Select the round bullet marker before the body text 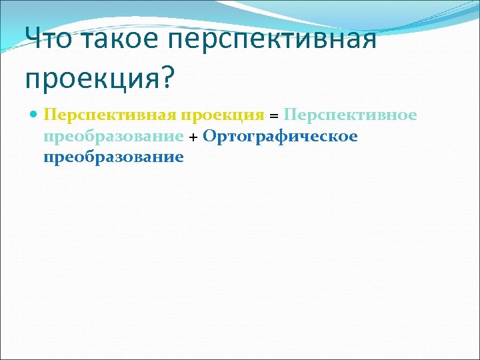tap(34, 115)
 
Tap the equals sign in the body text tap(273, 116)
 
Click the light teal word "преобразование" tap(113, 137)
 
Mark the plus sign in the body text tap(193, 137)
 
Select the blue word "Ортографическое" tap(280, 137)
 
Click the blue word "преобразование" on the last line tap(113, 158)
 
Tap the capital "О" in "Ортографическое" tap(209, 136)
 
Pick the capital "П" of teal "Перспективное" tap(289, 115)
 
